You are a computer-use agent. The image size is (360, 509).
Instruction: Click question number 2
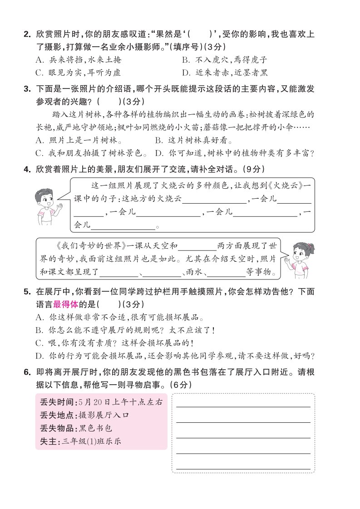point(27,34)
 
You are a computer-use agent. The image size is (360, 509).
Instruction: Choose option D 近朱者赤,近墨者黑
point(225,72)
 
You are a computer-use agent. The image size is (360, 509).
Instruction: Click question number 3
point(27,89)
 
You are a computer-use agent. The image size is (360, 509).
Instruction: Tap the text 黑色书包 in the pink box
point(95,428)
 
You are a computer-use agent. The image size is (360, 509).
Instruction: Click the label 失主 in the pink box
point(48,440)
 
